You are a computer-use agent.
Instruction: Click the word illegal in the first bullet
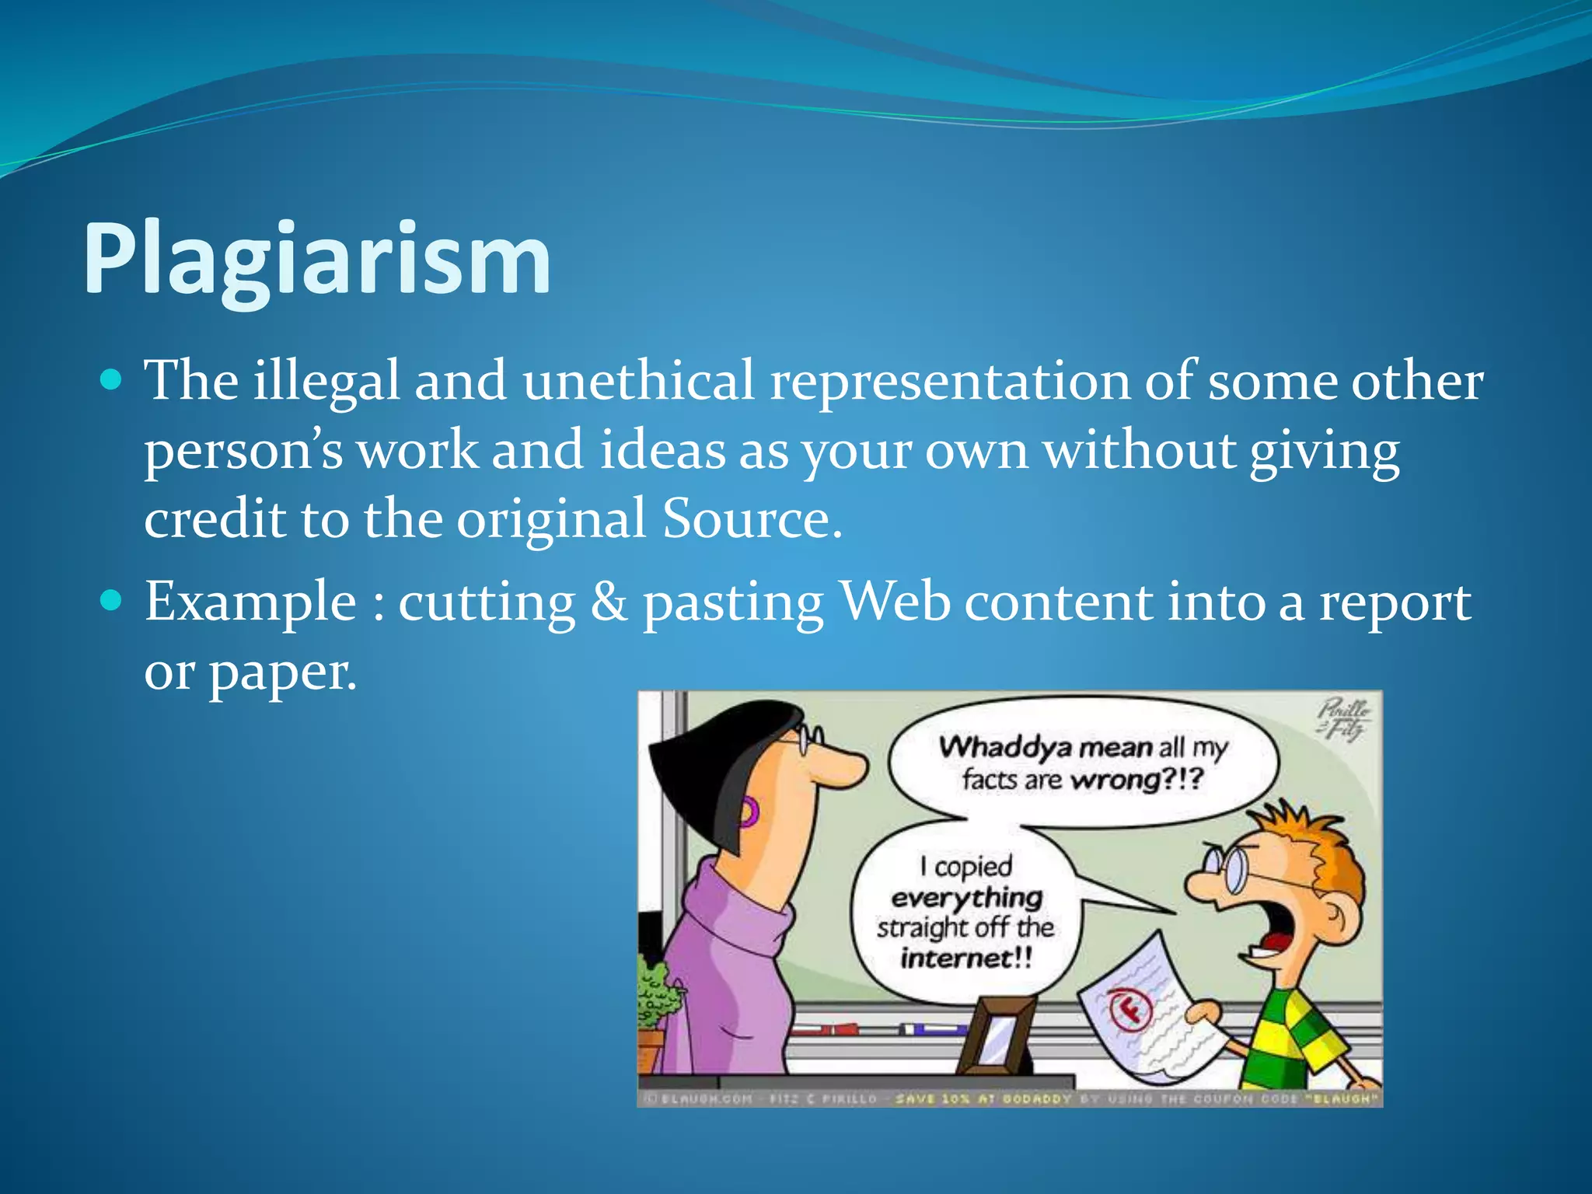tap(326, 381)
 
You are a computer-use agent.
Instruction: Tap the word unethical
tap(638, 381)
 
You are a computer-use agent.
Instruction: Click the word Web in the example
tap(896, 602)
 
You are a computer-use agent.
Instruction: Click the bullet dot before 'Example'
tap(112, 600)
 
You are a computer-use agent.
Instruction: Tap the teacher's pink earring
tap(748, 812)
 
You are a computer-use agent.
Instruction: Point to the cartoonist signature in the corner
tap(1343, 719)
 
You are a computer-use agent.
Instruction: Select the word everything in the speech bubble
tap(966, 898)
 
